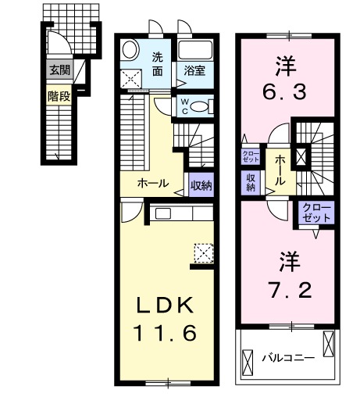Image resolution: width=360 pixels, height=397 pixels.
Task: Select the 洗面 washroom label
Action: click(x=158, y=63)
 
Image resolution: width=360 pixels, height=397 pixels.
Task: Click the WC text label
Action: click(x=184, y=105)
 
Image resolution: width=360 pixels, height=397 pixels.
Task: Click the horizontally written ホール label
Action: click(x=152, y=183)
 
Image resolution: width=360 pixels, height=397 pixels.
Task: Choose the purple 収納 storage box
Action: click(x=251, y=181)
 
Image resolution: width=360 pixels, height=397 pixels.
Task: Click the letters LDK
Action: click(x=166, y=303)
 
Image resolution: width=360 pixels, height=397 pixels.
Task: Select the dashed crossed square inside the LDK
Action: click(x=203, y=252)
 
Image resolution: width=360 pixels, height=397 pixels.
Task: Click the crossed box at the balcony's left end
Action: click(x=248, y=361)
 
